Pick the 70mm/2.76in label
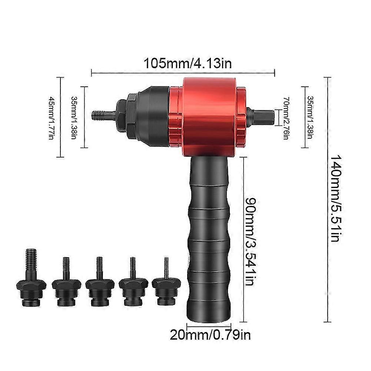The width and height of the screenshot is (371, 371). [285, 118]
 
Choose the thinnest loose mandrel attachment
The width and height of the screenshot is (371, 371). [165, 285]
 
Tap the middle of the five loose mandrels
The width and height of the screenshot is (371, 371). [99, 286]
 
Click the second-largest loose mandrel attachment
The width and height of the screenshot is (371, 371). [66, 286]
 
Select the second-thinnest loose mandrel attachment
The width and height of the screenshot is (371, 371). [132, 285]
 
